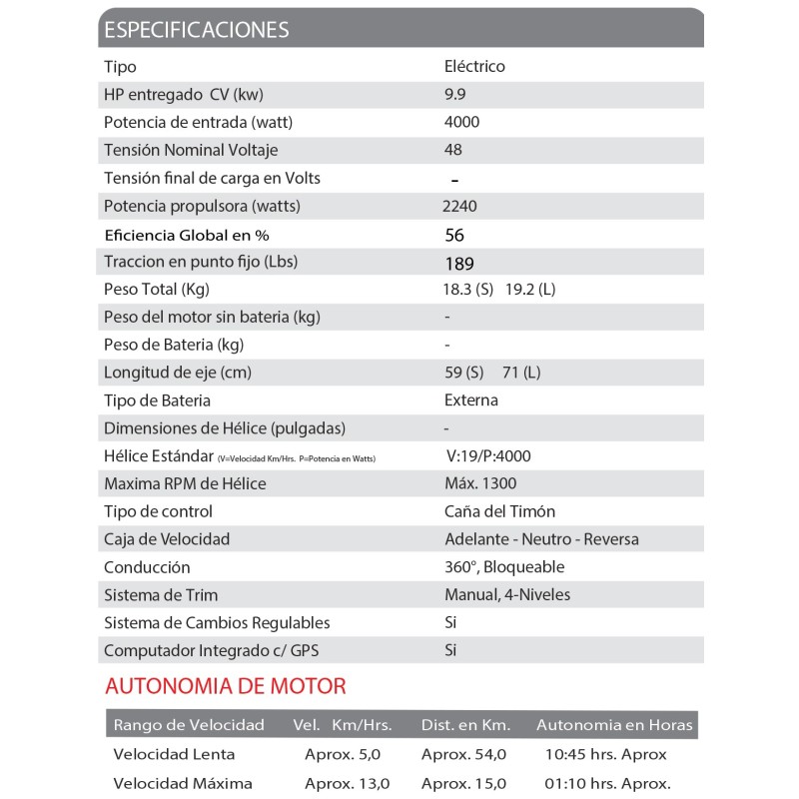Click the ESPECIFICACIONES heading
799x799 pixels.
pyautogui.click(x=197, y=29)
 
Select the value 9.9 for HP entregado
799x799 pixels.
pyautogui.click(x=455, y=95)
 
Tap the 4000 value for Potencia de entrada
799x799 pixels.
pyautogui.click(x=461, y=122)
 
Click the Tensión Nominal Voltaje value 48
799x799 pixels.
pyautogui.click(x=452, y=150)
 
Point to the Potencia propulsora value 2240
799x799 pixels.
pyautogui.click(x=459, y=207)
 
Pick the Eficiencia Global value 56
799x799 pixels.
pyautogui.click(x=454, y=236)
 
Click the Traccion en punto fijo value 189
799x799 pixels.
pyautogui.click(x=459, y=264)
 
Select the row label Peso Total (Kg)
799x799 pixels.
pyautogui.click(x=156, y=289)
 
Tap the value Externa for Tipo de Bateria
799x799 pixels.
pyautogui.click(x=470, y=400)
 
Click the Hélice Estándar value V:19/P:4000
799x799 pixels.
pyautogui.click(x=488, y=456)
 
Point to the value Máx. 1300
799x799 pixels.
pyautogui.click(x=481, y=484)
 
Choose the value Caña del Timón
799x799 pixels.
pyautogui.click(x=499, y=511)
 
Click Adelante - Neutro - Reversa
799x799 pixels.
pyautogui.click(x=541, y=539)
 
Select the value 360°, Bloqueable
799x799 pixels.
pyautogui.click(x=504, y=567)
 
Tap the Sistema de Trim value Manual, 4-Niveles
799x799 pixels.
pyautogui.click(x=507, y=595)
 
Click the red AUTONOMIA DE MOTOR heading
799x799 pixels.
pyautogui.click(x=226, y=687)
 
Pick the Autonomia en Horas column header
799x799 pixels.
pyautogui.click(x=614, y=724)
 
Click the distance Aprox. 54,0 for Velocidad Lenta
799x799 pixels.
pyautogui.click(x=463, y=754)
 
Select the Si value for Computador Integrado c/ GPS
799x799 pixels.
pyautogui.click(x=450, y=650)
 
